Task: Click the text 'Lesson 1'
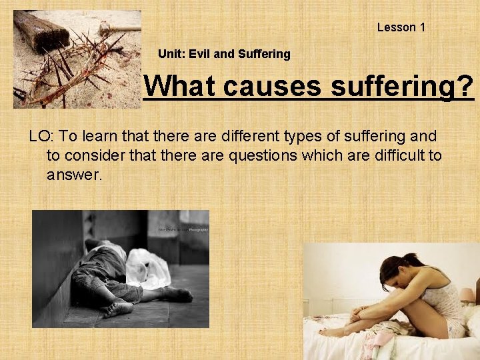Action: point(401,27)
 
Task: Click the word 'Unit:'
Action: point(171,55)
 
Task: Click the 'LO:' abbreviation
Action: point(41,137)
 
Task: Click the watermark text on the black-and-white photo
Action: point(183,229)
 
